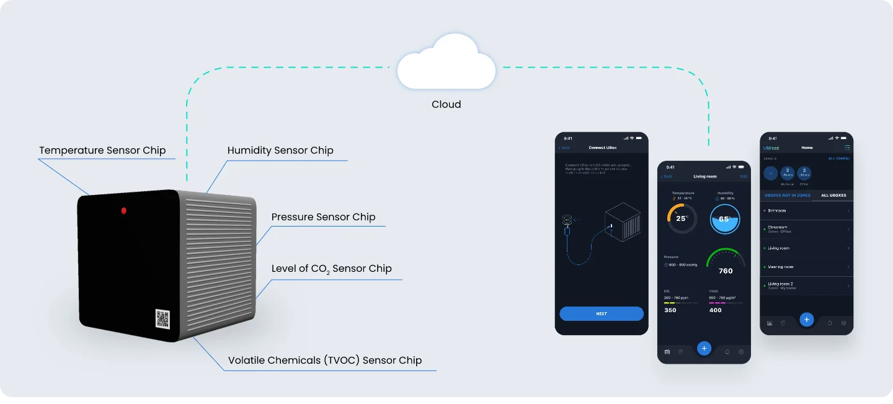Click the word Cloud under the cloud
446,104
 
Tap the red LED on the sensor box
124,211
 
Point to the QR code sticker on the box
162,319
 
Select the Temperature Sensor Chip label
102,151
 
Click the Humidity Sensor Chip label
280,151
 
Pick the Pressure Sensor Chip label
323,217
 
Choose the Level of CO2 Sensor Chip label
331,269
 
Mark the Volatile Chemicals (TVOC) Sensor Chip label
325,361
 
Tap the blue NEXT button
602,314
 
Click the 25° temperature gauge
682,218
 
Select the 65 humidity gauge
725,219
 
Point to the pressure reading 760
726,271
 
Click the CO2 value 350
670,310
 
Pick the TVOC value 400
716,310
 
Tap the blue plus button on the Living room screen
704,348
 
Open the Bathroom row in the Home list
806,211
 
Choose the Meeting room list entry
806,267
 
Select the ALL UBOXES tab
833,195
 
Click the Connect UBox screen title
602,148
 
